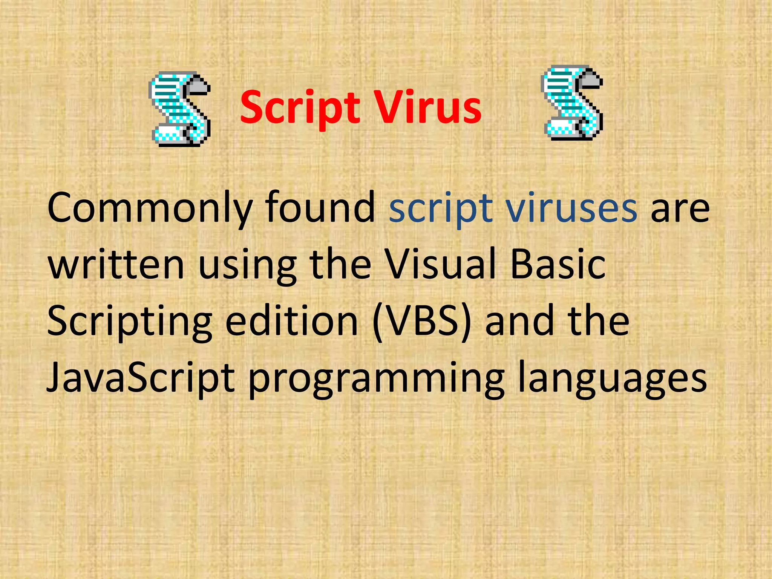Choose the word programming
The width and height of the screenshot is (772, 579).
(x=376, y=379)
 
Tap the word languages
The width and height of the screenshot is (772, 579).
(x=611, y=379)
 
